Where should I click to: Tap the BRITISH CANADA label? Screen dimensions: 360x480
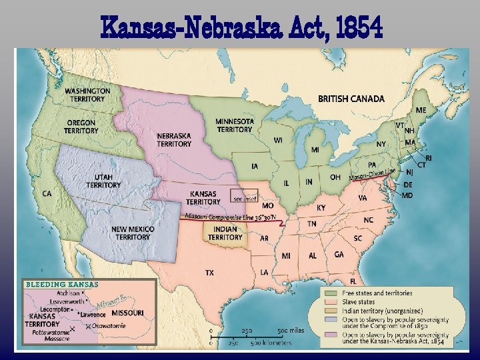(x=351, y=99)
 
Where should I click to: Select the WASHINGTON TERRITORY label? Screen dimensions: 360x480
(x=87, y=95)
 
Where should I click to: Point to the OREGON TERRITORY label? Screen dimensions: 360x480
(x=81, y=127)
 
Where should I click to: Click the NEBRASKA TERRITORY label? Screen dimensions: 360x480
(x=174, y=139)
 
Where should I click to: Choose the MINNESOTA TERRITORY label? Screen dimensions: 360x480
(x=234, y=125)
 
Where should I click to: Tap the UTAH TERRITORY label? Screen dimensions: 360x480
(x=103, y=181)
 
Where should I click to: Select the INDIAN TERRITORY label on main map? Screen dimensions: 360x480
(x=225, y=233)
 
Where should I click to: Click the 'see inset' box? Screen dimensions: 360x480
(x=245, y=198)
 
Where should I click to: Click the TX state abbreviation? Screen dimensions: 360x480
(x=209, y=273)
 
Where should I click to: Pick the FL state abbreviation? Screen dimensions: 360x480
(x=353, y=281)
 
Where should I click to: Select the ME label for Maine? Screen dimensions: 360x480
(x=421, y=109)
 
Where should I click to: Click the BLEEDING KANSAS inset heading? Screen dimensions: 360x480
(x=61, y=285)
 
